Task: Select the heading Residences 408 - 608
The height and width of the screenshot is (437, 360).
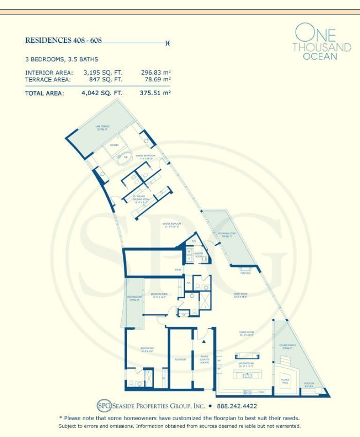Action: coord(63,40)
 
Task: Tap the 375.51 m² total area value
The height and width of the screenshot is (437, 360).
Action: coord(156,93)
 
